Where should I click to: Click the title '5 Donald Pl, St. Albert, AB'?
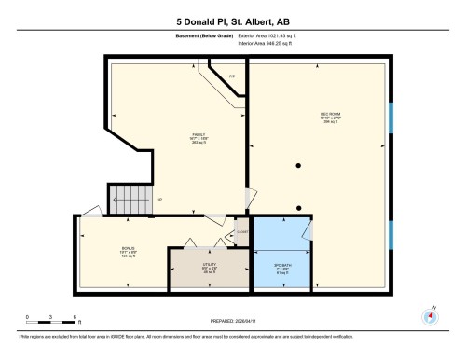tap(233, 21)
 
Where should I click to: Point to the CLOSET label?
tap(241, 230)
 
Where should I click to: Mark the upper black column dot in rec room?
tap(298, 166)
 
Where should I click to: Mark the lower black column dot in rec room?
tap(298, 207)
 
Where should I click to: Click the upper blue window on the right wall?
tap(391, 118)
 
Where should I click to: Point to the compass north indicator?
tap(430, 314)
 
